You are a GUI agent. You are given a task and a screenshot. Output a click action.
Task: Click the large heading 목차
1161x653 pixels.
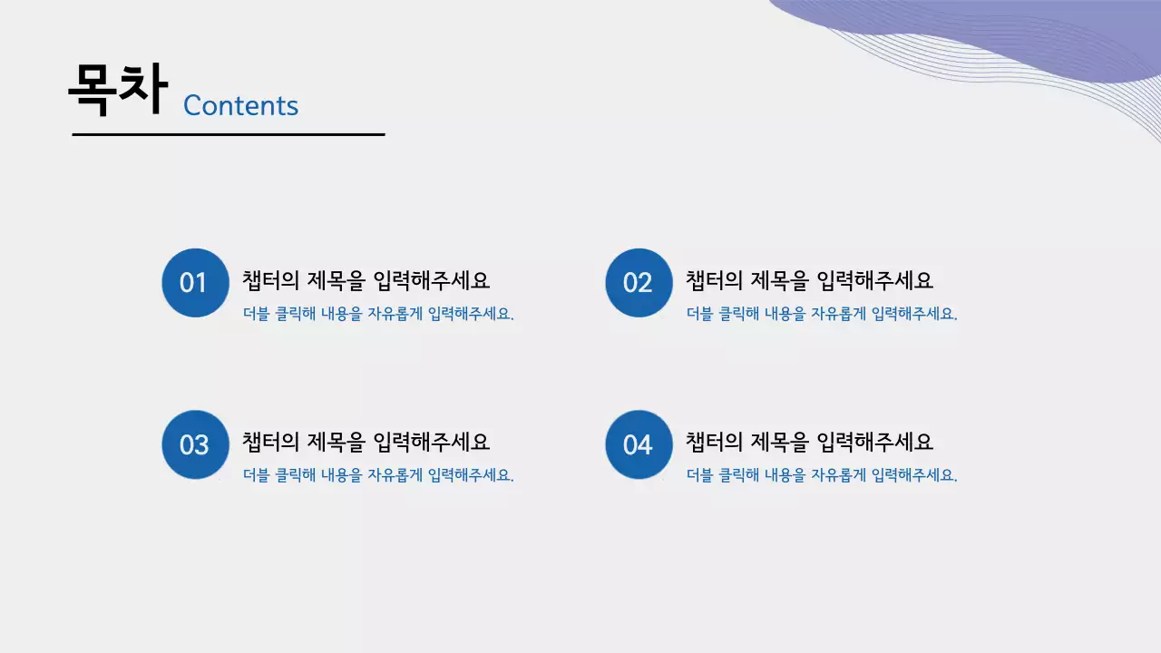[118, 89]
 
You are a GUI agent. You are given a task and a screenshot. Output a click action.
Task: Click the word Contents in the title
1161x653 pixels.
[240, 105]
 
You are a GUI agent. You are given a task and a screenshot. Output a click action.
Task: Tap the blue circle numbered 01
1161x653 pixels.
[194, 283]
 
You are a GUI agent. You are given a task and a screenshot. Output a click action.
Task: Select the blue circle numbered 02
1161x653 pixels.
[639, 283]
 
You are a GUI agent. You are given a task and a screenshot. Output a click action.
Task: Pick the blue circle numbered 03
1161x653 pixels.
[194, 444]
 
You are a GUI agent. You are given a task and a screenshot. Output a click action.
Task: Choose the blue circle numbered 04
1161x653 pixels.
[639, 444]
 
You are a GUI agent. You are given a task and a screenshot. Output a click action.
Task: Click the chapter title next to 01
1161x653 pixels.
[366, 280]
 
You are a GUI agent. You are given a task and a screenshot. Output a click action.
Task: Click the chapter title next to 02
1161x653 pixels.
[809, 280]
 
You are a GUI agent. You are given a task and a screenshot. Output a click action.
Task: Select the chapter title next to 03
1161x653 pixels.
[366, 442]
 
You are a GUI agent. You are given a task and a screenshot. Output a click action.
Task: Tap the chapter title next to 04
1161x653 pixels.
[809, 442]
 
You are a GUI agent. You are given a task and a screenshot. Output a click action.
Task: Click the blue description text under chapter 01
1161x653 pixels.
[378, 315]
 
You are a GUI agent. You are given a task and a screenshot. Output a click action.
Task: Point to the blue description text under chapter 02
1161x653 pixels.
[822, 315]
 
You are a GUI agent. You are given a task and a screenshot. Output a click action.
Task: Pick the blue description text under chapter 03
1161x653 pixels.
[378, 475]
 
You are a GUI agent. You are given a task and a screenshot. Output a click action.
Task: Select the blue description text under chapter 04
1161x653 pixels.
[822, 475]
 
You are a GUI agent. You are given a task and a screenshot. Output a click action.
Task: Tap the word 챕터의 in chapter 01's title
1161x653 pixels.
[270, 280]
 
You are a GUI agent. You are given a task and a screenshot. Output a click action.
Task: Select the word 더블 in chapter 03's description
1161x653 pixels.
[257, 475]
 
